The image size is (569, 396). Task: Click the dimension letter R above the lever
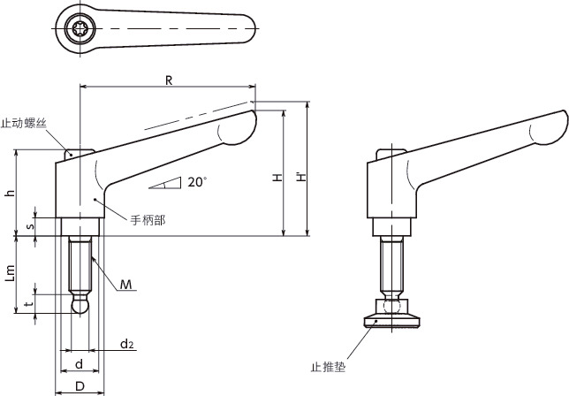tap(169, 80)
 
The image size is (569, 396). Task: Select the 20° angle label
tap(197, 182)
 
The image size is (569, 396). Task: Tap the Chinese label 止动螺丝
tap(24, 123)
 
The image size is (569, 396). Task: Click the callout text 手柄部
tap(148, 220)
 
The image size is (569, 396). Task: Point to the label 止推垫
tap(328, 367)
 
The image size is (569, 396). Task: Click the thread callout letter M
tap(125, 285)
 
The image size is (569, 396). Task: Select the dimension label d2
tap(127, 344)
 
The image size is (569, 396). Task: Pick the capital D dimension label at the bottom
tap(80, 386)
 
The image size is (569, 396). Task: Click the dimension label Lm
tap(11, 273)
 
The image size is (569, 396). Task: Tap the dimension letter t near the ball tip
tap(30, 303)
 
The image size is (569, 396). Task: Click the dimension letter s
tap(30, 226)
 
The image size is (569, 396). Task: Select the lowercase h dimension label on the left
tap(11, 193)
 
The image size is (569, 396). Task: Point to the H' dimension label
tap(301, 178)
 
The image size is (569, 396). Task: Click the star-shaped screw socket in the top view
tap(80, 28)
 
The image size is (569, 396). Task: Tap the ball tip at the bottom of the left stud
tap(80, 305)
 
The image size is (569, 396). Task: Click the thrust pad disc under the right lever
tap(392, 322)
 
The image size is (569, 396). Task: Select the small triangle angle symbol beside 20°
tap(165, 183)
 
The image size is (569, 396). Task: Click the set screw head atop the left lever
tap(80, 154)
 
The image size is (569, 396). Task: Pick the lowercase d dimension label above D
tap(80, 363)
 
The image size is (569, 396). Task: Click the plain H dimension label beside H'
tap(278, 178)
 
